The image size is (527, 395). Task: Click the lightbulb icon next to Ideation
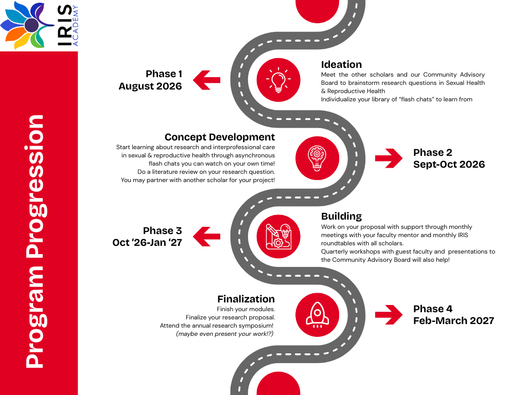[278, 79]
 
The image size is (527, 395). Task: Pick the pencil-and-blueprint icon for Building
[278, 236]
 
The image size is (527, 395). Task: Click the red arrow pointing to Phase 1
[206, 80]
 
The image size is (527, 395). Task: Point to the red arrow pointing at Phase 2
[389, 158]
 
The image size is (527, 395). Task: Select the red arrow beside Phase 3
[206, 237]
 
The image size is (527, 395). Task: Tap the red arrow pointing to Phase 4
[389, 314]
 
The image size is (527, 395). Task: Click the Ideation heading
[341, 64]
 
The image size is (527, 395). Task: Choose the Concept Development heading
[220, 137]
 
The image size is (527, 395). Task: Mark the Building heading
[341, 216]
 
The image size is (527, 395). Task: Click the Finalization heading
[246, 299]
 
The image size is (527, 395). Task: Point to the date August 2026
[150, 86]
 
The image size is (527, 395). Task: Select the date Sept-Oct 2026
[449, 165]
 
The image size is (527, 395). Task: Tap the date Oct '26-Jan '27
[147, 242]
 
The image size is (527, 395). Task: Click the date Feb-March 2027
[453, 320]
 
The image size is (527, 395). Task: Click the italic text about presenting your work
[225, 334]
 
